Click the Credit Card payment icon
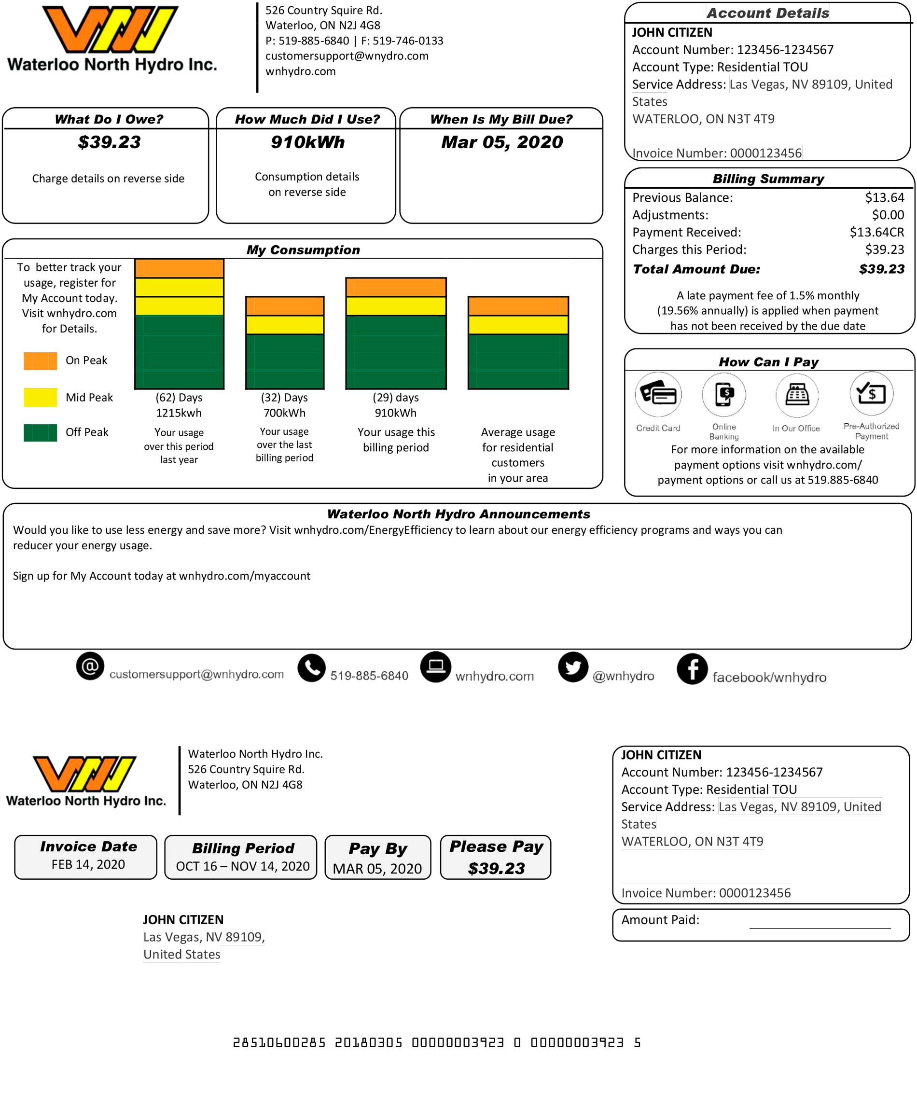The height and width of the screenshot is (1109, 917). coord(658,394)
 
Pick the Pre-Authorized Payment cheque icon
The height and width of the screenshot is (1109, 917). coord(872,393)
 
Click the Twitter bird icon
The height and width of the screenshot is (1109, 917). coord(573,667)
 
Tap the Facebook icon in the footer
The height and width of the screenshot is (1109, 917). coord(692,668)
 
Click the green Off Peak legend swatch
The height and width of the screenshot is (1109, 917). coord(40,432)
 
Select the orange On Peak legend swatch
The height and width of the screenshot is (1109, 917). coord(40,360)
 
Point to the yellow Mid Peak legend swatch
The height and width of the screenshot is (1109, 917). coord(40,397)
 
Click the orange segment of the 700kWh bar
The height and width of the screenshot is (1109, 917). coord(285,306)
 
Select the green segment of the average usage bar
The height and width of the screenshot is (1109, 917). coord(518,362)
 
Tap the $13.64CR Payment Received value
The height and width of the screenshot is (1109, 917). coord(876,232)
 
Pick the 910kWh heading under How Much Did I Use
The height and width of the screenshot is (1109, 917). coord(307,142)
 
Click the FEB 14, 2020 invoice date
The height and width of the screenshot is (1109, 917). coord(88,864)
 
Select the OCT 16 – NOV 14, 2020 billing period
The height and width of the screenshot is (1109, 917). coord(242,866)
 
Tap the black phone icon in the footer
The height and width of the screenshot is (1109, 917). coord(312,668)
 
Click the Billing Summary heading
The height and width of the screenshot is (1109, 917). coord(768,179)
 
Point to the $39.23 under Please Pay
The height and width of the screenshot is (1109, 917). coord(496,868)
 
